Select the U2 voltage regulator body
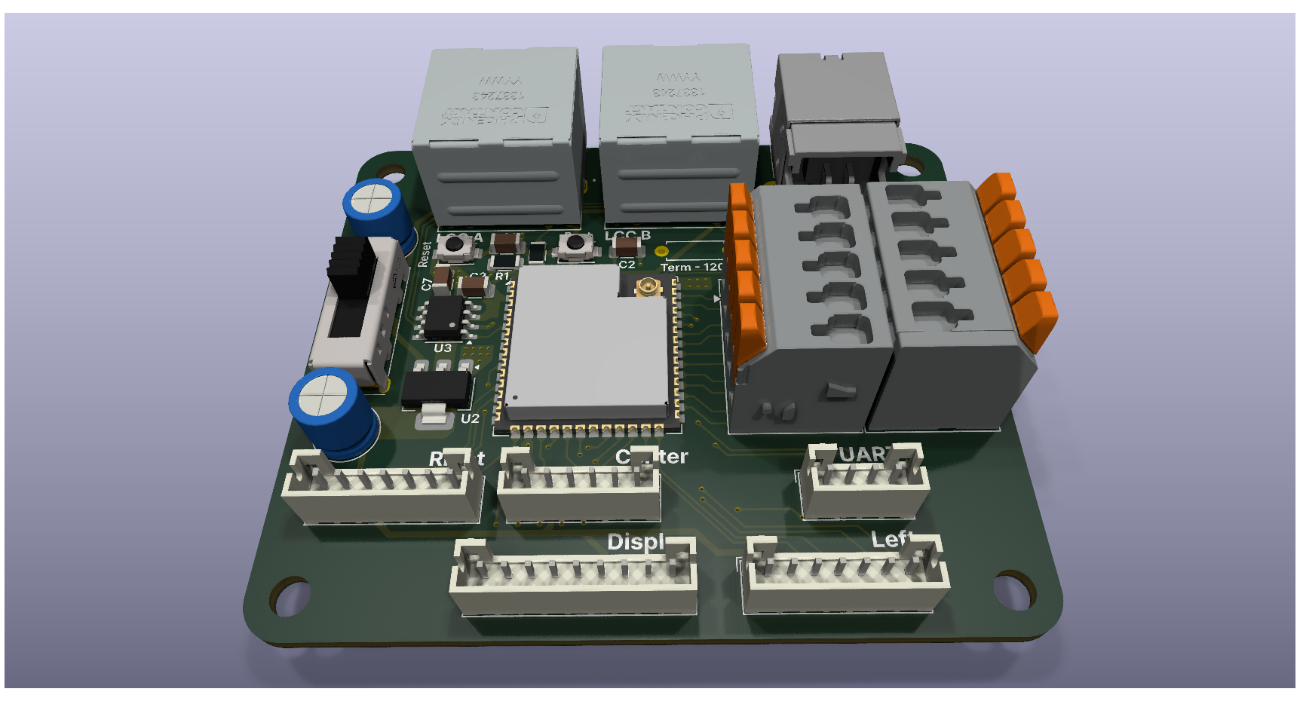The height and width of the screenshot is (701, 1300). pyautogui.click(x=436, y=388)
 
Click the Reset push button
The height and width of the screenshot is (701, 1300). pyautogui.click(x=455, y=244)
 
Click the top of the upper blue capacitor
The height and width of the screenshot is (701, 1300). pyautogui.click(x=372, y=200)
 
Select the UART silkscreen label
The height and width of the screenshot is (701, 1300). pyautogui.click(x=863, y=454)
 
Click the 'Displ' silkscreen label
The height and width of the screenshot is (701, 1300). pyautogui.click(x=635, y=542)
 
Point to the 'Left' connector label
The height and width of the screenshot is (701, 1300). pyautogui.click(x=891, y=539)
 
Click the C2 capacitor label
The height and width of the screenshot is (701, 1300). pyautogui.click(x=627, y=265)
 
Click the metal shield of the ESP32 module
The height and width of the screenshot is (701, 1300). pyautogui.click(x=584, y=339)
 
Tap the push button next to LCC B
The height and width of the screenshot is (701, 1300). pyautogui.click(x=575, y=243)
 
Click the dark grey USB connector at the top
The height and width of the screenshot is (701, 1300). pyautogui.click(x=837, y=113)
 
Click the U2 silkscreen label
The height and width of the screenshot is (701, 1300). pyautogui.click(x=470, y=418)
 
